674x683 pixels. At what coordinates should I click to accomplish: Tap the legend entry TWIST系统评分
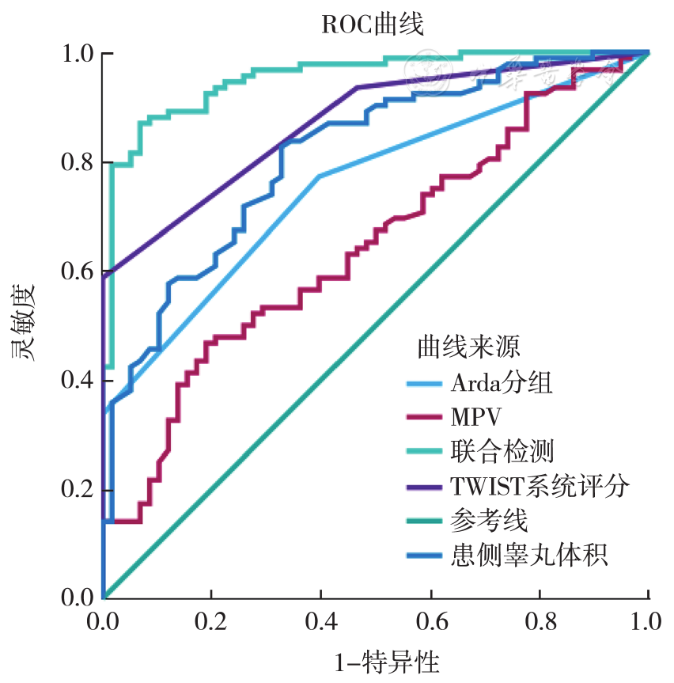[540, 486]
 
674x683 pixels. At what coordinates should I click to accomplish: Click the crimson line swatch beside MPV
[424, 417]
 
